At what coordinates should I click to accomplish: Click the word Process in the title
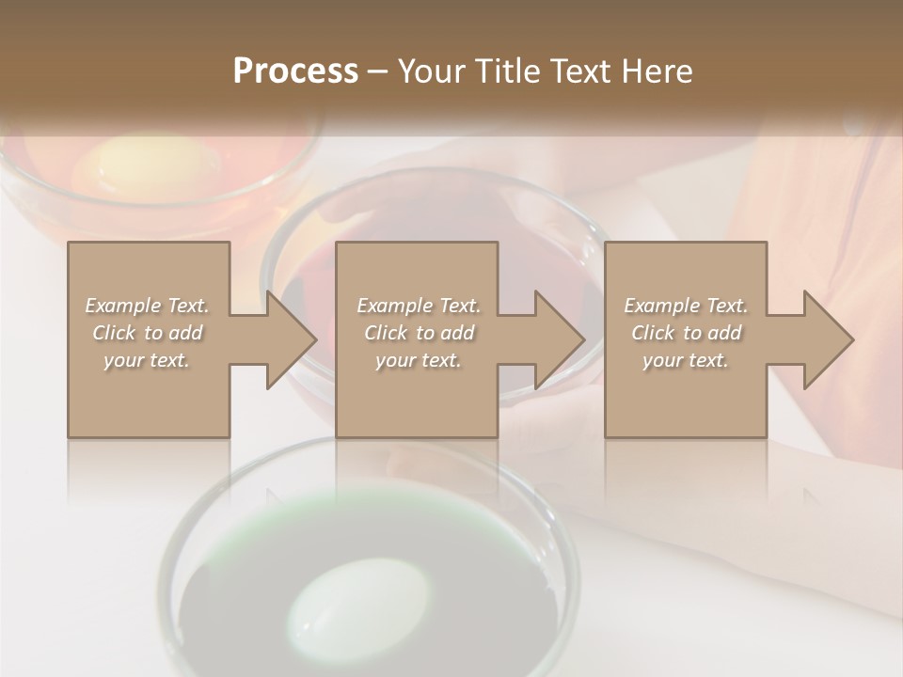click(x=295, y=71)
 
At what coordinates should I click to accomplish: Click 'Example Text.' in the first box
click(x=147, y=306)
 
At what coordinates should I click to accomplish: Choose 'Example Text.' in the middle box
click(x=419, y=306)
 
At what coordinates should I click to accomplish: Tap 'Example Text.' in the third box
click(x=686, y=306)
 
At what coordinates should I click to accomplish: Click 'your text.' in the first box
click(x=147, y=360)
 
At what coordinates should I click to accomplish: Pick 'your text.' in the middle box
click(x=419, y=360)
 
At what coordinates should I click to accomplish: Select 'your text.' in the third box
click(x=686, y=360)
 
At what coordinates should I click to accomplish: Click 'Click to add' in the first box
click(x=147, y=333)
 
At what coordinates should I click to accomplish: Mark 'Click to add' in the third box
click(x=686, y=333)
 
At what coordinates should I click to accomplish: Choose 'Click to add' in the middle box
click(x=419, y=333)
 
